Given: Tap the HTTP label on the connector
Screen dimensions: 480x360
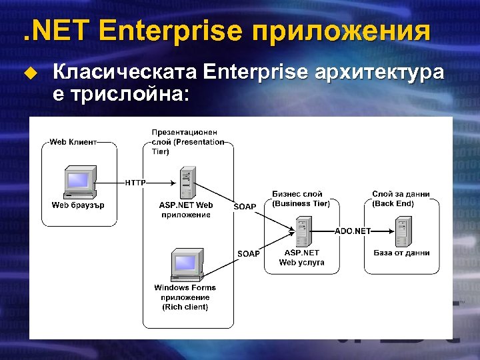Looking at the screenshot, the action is (135, 182).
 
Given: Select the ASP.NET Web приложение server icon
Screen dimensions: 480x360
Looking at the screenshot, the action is (186, 181).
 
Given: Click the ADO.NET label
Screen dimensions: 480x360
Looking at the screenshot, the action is (353, 231).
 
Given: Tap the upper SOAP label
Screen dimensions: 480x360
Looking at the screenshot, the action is (245, 207).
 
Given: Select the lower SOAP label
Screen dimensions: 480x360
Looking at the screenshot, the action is (249, 253).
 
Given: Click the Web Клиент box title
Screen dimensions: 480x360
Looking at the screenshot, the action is (73, 141).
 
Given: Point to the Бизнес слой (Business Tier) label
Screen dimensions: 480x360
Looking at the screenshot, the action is (301, 199).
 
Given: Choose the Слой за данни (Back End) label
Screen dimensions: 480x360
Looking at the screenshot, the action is (401, 199).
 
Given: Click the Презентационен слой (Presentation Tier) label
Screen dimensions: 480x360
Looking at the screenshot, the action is (187, 142).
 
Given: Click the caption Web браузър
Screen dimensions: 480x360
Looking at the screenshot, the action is (78, 205).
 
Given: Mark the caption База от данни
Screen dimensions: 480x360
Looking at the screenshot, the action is (401, 253).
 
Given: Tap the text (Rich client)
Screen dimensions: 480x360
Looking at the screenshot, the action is (185, 307).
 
